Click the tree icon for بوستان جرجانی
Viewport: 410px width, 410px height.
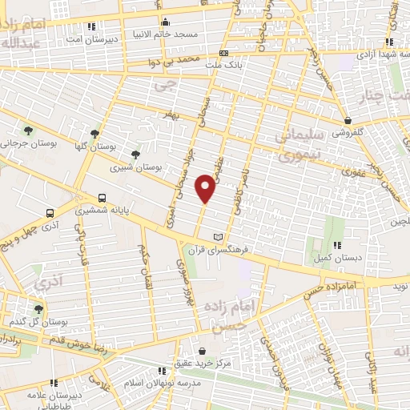click(x=28, y=131)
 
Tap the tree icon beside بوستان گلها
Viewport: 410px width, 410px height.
click(x=96, y=134)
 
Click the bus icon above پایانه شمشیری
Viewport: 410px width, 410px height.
click(x=102, y=198)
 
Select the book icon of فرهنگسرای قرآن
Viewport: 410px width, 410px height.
click(x=219, y=237)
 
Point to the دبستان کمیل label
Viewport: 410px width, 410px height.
click(x=336, y=259)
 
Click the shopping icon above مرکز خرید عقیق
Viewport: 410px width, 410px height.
click(x=201, y=351)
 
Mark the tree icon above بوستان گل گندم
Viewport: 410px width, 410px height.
click(x=38, y=308)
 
